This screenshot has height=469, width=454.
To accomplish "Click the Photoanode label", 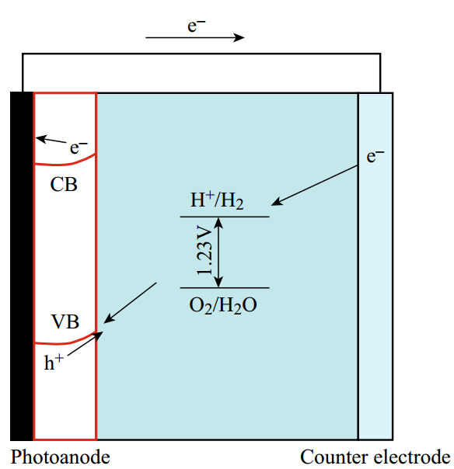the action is coord(61,457).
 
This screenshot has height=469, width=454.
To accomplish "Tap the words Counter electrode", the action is coord(375,457).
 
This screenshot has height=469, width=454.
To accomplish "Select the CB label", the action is coord(64,184).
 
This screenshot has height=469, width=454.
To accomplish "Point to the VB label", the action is coord(65,321).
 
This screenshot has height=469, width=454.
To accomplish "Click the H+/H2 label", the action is coord(217,200).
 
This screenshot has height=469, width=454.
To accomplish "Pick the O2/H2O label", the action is coord(223,306).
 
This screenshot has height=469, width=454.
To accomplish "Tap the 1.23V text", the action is coord(204,250).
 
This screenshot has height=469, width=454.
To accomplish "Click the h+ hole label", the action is coord(54,362).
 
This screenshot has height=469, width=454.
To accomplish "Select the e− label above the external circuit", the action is coord(197,26).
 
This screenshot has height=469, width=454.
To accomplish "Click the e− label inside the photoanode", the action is coord(79,148).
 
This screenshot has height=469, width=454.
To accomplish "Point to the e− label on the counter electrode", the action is coord(375,156).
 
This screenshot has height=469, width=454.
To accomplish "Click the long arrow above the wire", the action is coord(195,38).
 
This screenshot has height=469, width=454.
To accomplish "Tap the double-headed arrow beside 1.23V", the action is coord(219,252).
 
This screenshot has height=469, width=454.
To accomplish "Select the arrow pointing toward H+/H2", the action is coord(314,185).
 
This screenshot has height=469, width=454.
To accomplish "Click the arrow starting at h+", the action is coord(86,344).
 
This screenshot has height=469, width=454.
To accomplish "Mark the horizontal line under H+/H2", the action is coord(225,217).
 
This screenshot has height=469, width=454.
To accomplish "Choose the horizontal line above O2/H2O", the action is coord(225,288).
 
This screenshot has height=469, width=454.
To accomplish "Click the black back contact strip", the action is coord(22,266).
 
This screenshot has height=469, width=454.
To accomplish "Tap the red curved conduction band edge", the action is coord(65,164).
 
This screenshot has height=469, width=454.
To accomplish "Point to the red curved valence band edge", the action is coord(65,342).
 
